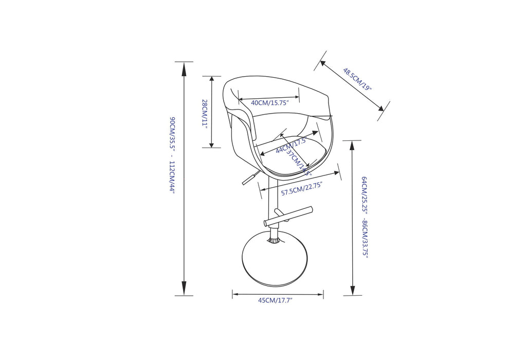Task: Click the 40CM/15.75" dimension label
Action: (270, 103)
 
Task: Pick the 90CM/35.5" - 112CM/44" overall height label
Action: (173, 154)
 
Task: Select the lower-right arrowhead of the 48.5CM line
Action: (380, 109)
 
